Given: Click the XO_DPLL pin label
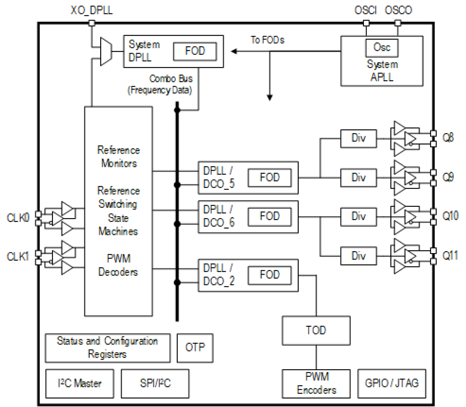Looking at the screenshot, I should pos(91,10).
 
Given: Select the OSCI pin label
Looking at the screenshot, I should pos(365,10).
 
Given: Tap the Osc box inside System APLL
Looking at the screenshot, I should pos(381,47).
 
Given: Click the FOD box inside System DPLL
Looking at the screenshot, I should pos(195,51).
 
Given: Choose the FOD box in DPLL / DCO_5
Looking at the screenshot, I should pos(269,178).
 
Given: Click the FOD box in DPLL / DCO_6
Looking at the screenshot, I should pos(269,216).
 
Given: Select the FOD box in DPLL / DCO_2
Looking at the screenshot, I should pos(269,275).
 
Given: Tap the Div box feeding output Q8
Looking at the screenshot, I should pos(358,138).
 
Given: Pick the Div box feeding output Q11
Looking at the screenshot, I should pos(358,256).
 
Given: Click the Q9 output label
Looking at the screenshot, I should pos(448,178).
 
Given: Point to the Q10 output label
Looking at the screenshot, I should pos(450,216).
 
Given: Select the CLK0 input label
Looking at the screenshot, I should pos(17,218).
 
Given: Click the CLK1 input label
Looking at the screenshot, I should pos(17,257).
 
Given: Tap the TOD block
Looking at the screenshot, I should pos(316,330).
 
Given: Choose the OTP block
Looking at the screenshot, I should pos(195,348).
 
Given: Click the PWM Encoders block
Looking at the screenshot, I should pos(316,383).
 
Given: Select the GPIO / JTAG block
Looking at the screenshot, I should pos(391,383).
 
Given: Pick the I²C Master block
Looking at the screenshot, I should pos(80,383).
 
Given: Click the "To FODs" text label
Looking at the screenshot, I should pos(267,40).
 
